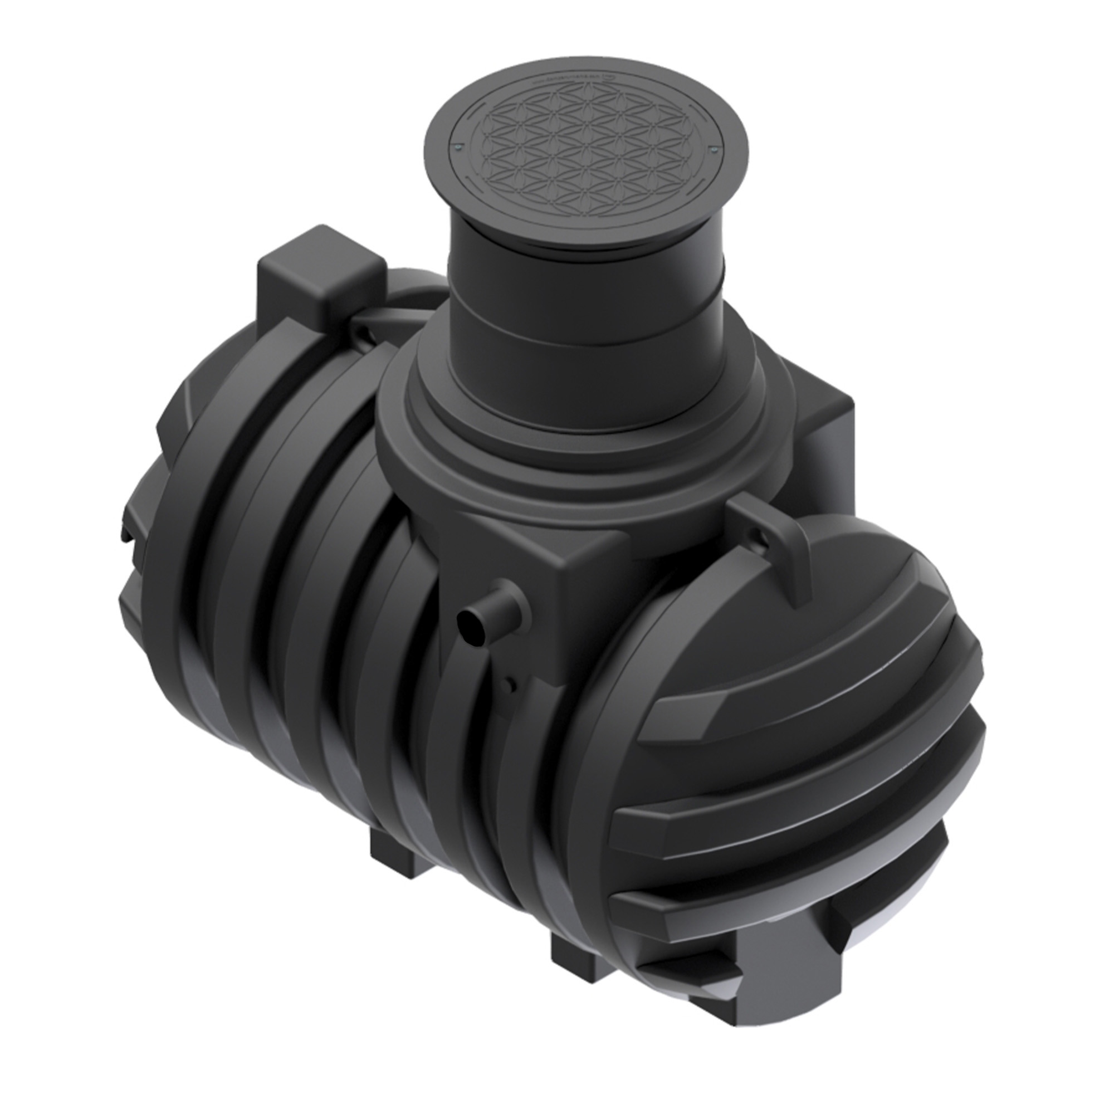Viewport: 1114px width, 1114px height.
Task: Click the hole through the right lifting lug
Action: click(x=760, y=539)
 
